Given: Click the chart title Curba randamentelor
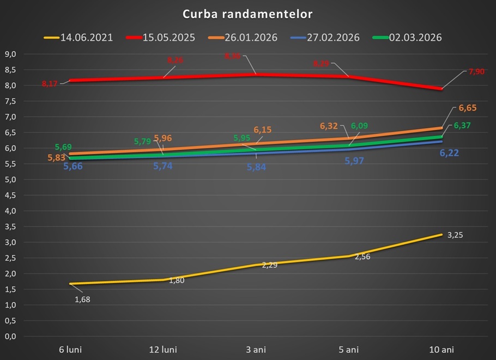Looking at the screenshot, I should coord(247,14).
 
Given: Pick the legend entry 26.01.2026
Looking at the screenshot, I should coord(251,38).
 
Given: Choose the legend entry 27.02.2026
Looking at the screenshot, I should coord(333,38).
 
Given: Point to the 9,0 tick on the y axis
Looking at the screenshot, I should coord(10,54).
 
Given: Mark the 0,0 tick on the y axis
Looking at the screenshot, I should coord(10,337).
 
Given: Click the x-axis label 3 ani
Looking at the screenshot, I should coord(256,349).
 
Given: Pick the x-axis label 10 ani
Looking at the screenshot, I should coord(441,349).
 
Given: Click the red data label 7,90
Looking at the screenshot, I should coord(476,71).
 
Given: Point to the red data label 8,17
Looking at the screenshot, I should coord(50,84).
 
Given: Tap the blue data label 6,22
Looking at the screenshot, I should coord(449,153).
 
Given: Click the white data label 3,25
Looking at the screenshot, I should coord(456,235).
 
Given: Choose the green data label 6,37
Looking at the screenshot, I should coord(462,126).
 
